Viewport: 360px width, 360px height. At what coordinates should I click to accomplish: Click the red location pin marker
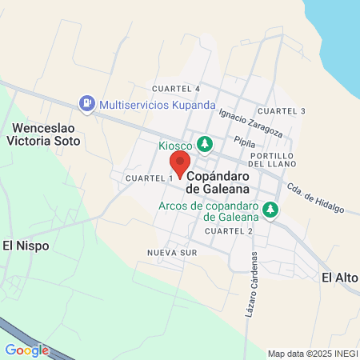[x=181, y=164]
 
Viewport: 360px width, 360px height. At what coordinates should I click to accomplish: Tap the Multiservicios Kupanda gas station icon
[x=86, y=104]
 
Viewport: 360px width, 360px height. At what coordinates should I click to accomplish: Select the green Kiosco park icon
[x=206, y=143]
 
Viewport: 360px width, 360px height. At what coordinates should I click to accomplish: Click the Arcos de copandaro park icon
[x=271, y=210]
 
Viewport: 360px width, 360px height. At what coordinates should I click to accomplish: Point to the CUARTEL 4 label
[x=176, y=88]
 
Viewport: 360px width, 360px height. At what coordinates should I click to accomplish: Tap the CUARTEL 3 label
[x=282, y=110]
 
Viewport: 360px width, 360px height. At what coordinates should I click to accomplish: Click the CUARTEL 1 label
[x=150, y=177]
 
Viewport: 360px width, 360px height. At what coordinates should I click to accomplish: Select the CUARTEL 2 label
[x=229, y=230]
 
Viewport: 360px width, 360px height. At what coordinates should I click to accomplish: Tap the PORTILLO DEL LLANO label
[x=274, y=159]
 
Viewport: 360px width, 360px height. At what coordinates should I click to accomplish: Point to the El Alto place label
[x=339, y=277]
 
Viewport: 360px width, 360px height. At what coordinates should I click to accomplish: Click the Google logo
[x=26, y=350]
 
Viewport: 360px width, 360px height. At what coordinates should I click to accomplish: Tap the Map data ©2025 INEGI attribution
[x=311, y=354]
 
